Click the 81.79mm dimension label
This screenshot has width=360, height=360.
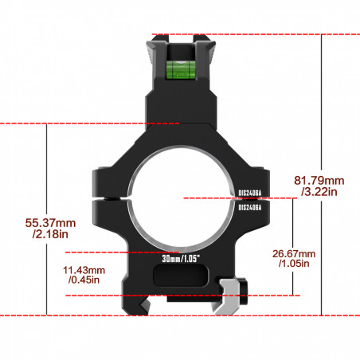pos(319,181)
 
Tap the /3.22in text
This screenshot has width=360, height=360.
pos(319,191)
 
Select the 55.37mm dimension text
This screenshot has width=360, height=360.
pos(50,223)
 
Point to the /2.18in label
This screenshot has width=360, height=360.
pos(50,234)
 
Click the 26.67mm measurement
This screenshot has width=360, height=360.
pos(294,253)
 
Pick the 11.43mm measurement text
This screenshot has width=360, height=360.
pos(84,270)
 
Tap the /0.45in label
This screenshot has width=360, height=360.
pos(84,280)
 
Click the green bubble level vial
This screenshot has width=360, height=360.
pos(182,70)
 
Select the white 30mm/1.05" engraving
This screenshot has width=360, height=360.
pos(181,258)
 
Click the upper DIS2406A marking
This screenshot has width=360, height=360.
pos(250,193)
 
